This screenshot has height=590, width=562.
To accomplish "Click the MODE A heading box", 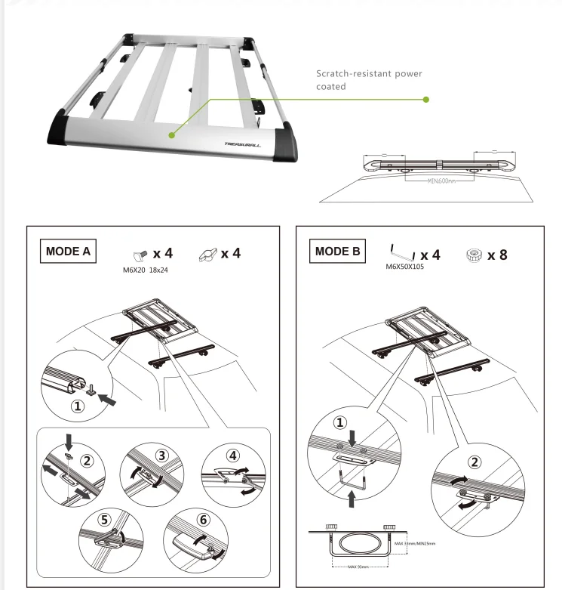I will tap(69, 252).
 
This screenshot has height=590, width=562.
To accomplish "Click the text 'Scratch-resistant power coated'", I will tap(369, 80).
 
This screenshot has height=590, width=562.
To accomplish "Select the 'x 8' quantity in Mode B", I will tap(496, 255).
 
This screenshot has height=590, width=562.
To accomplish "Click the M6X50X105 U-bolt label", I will tap(405, 267).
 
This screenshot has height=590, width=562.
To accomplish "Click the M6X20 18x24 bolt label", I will tap(145, 270).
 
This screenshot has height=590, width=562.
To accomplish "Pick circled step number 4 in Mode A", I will tap(232, 456).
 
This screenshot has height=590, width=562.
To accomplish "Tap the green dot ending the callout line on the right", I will tap(426, 99).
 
